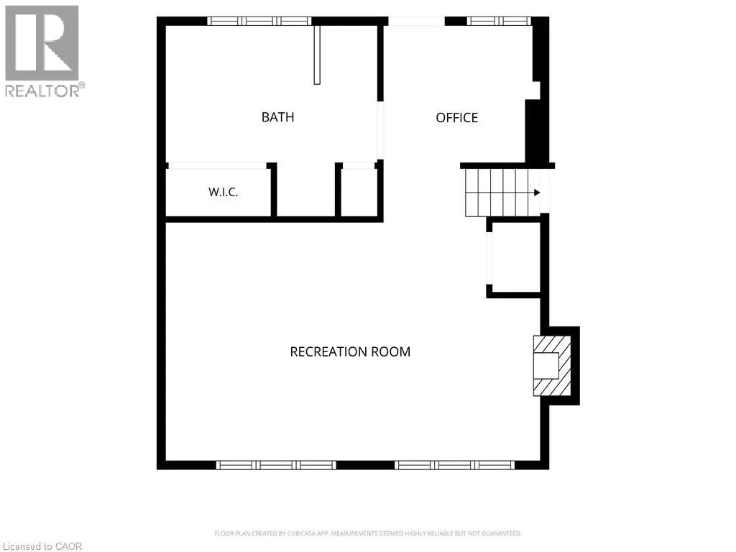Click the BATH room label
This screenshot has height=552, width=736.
coord(278,117)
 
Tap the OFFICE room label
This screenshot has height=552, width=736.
coord(456,117)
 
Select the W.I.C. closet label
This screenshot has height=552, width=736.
coord(223,192)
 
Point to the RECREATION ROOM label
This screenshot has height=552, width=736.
coord(350,351)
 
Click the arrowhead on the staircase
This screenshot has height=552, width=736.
coord(537,193)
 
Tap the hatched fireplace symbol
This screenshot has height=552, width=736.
coord(552,366)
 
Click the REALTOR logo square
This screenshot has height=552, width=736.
coord(42,43)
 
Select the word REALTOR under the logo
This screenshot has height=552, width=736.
coord(42,91)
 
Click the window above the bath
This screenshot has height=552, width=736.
coord(259,21)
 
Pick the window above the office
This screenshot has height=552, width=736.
coord(499,21)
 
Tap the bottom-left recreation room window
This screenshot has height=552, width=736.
coord(276,465)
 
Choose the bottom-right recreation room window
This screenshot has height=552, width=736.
coord(454,465)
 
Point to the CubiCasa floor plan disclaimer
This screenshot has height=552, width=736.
coord(368,534)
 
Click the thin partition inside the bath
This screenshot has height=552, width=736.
coord(317,55)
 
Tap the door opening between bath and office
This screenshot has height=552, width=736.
coord(381,130)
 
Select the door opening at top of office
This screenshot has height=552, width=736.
coord(416,21)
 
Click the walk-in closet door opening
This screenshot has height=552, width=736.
coord(217,166)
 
